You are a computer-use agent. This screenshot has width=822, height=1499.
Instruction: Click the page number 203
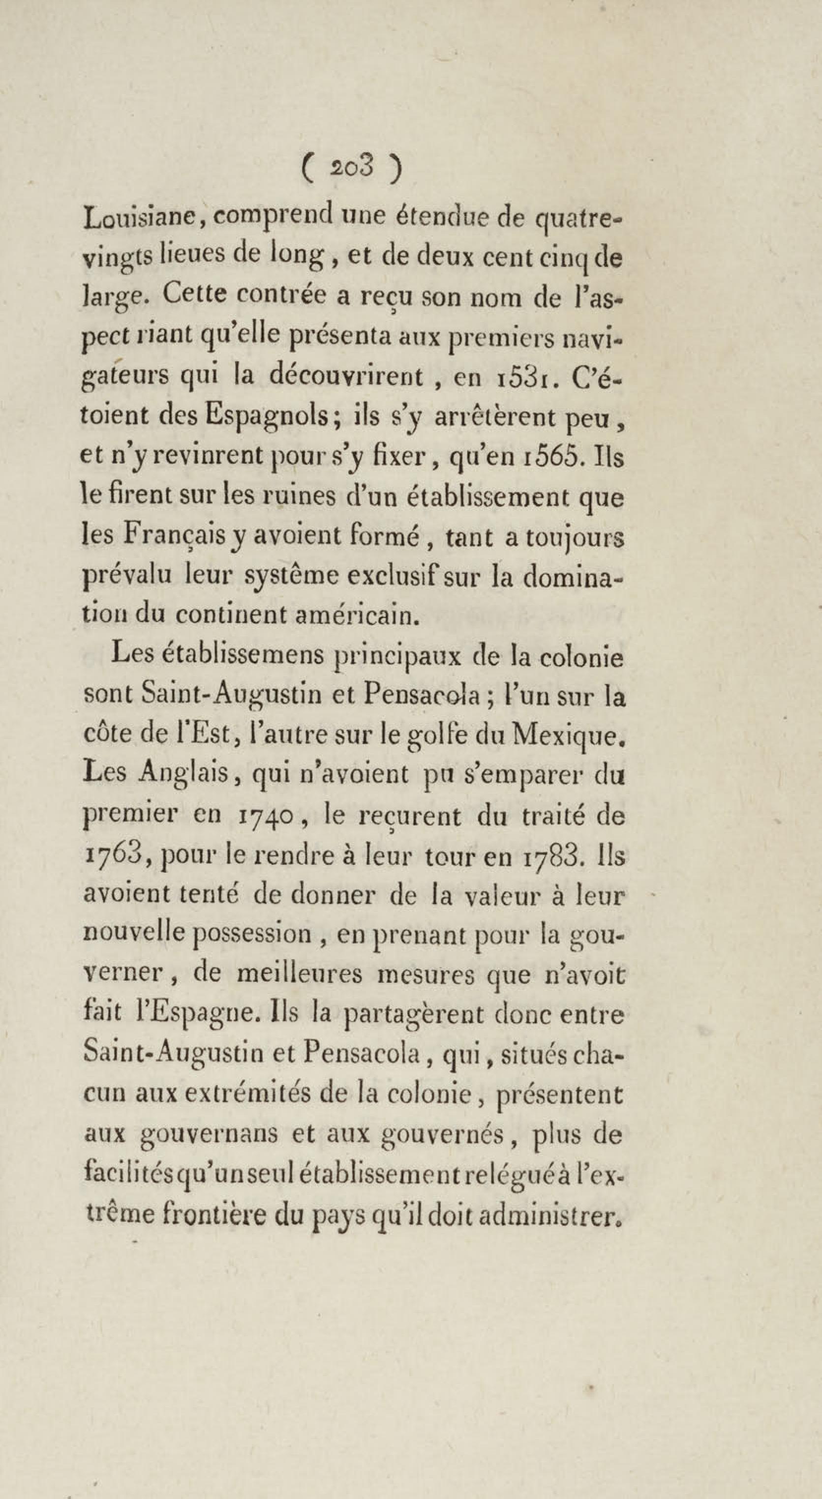click(352, 168)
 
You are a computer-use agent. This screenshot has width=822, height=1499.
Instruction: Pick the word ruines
click(297, 497)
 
